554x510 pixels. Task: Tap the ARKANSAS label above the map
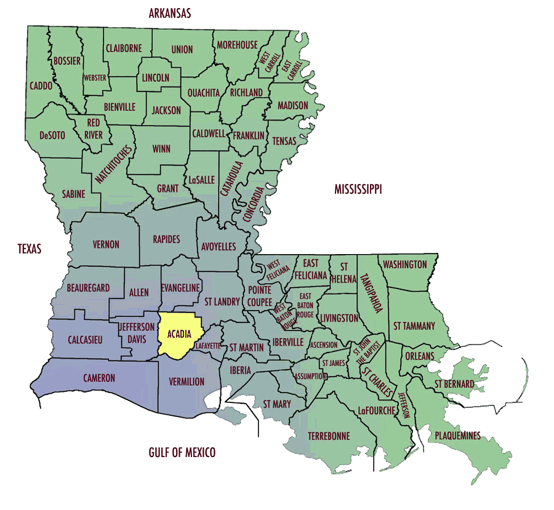[x=169, y=13]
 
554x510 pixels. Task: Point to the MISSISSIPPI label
[x=358, y=189]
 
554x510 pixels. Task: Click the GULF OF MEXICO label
[x=182, y=453]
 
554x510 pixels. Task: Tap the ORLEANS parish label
[x=419, y=356]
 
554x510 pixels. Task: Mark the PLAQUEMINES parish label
[x=457, y=436]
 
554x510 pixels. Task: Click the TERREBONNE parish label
[x=329, y=436]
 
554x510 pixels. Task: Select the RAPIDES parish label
[x=166, y=239]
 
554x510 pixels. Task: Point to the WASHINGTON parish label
[x=404, y=265]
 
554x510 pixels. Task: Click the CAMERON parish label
[x=99, y=378]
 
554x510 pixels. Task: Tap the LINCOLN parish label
[x=156, y=78]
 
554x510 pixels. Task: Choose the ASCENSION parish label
[x=323, y=345]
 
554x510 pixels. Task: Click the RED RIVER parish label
[x=94, y=129]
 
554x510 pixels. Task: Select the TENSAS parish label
[x=284, y=141]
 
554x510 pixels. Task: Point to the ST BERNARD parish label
[x=454, y=384]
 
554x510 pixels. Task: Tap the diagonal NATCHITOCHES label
[x=113, y=164]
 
